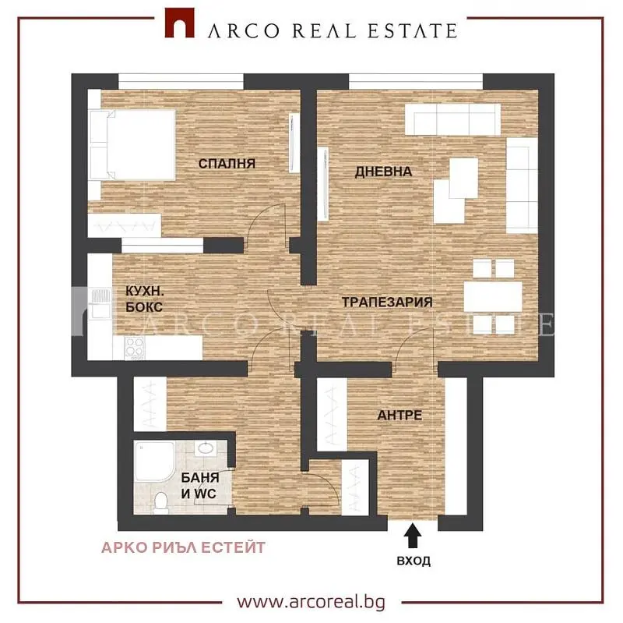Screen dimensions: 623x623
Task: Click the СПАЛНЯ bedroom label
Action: pos(227,164)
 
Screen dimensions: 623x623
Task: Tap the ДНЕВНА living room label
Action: pos(383,172)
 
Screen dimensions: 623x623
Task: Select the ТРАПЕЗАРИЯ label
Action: pos(387,302)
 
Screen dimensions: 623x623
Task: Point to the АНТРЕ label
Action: pos(399,415)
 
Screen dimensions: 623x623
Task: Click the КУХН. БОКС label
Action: pos(145,299)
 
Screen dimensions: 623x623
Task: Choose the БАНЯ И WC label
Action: pos(200,485)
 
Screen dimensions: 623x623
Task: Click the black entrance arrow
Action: pos(414,536)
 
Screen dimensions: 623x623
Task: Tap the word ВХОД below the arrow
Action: pos(414,561)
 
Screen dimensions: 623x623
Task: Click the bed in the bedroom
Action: pos(132,145)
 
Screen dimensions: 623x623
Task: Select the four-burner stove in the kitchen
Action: pos(134,348)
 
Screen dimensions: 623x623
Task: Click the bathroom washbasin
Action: pos(206,448)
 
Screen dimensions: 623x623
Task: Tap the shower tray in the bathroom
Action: pos(154,462)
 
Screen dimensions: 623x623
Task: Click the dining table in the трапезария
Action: pos(493,297)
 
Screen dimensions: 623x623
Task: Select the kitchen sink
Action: pos(100,304)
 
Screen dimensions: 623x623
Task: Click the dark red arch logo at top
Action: pos(180,23)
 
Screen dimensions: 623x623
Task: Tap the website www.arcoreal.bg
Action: pos(311,602)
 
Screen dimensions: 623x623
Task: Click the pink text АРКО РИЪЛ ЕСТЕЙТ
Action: pos(183,547)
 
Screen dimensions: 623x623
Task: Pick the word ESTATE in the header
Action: pos(413,31)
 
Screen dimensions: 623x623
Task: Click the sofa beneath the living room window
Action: pos(452,119)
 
